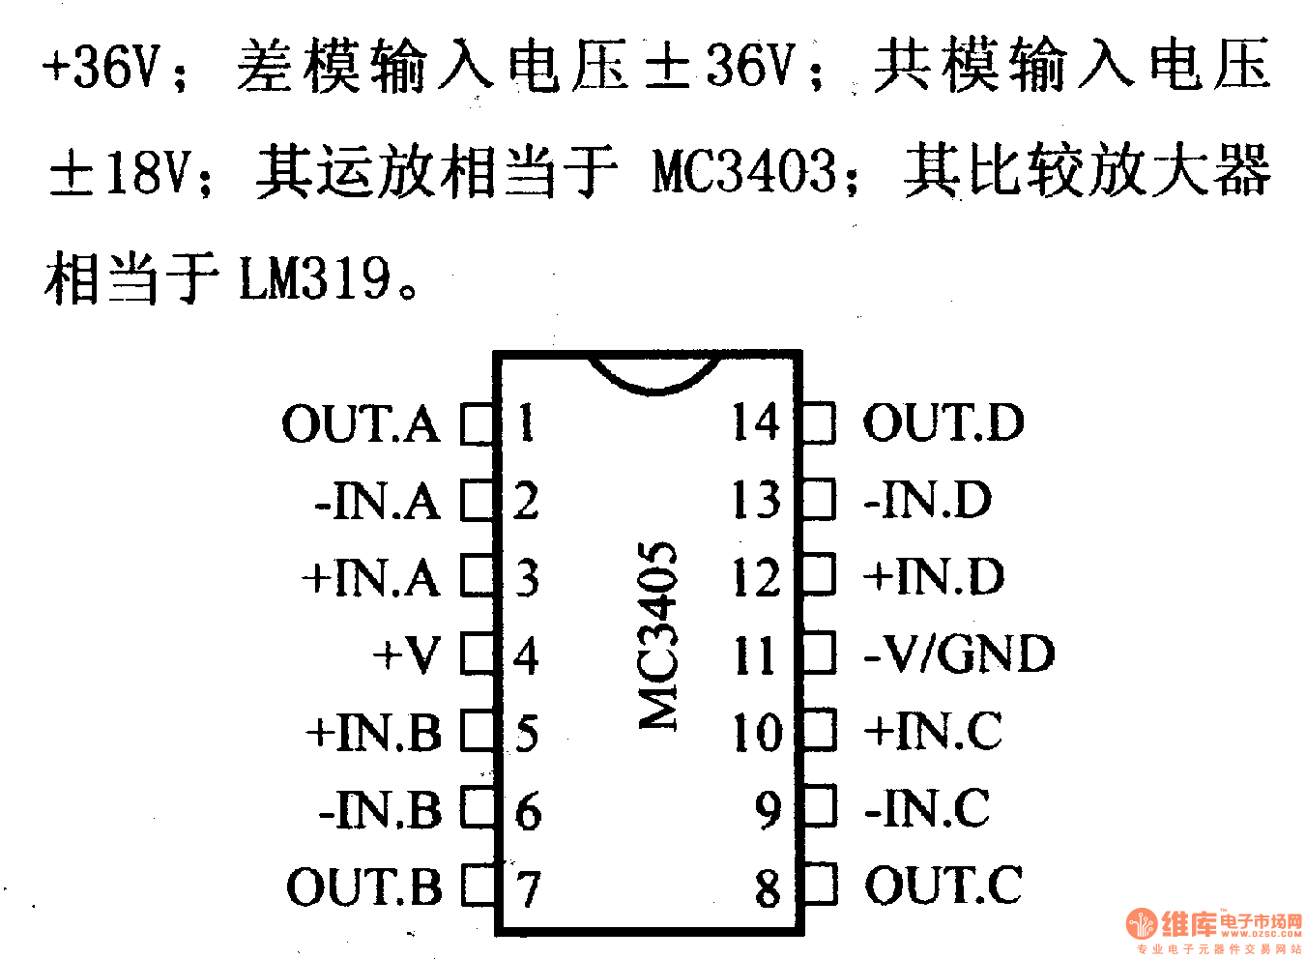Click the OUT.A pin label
tap(361, 424)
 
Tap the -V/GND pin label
tap(958, 654)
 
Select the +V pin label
tap(408, 655)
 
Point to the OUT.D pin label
tap(943, 423)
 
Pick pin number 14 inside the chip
tap(755, 423)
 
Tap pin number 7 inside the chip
tap(528, 888)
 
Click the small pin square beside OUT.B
tap(478, 886)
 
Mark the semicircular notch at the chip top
tap(653, 375)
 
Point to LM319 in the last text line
tap(315, 279)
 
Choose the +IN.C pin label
tap(933, 731)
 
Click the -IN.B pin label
tap(380, 810)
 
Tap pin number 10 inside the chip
tap(757, 733)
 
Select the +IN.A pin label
tap(371, 578)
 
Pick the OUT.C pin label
tap(943, 886)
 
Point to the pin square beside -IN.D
tap(820, 500)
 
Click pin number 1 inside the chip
tap(526, 423)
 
